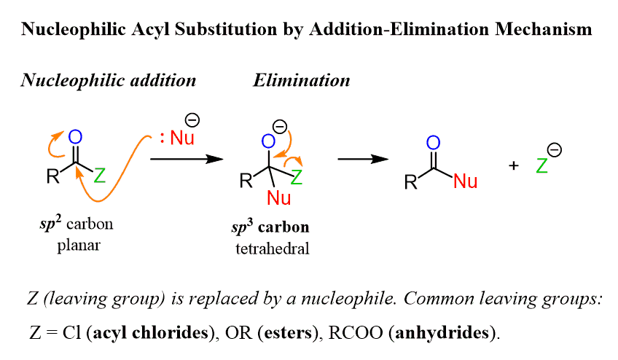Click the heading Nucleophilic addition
coord(108,79)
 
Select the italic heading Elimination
coord(301,79)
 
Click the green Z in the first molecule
coord(100,176)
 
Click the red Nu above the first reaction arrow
coord(182,136)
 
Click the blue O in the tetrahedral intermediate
coord(269,141)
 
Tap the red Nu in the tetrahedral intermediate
coord(278,197)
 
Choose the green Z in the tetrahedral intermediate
coord(297,176)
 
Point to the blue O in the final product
coord(434,143)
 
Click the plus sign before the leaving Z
coord(514,165)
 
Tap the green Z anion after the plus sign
coord(541,166)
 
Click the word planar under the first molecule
coord(78,245)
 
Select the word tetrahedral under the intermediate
coord(273,249)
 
